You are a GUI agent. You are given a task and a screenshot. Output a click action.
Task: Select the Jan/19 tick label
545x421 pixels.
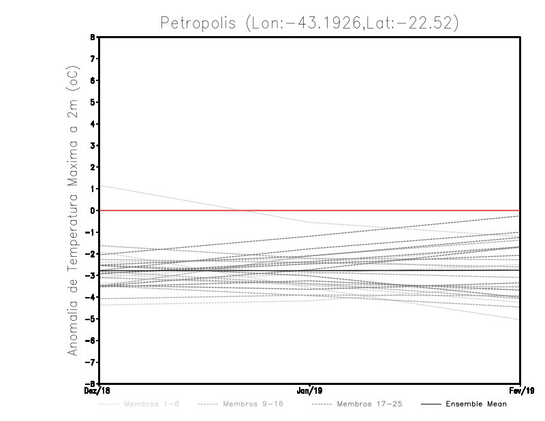310,391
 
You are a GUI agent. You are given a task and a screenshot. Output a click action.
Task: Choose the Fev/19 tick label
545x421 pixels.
521,391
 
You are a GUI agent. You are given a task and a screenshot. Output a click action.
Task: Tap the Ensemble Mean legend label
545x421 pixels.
476,404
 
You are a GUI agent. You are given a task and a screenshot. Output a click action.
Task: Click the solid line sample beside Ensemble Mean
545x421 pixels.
431,404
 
